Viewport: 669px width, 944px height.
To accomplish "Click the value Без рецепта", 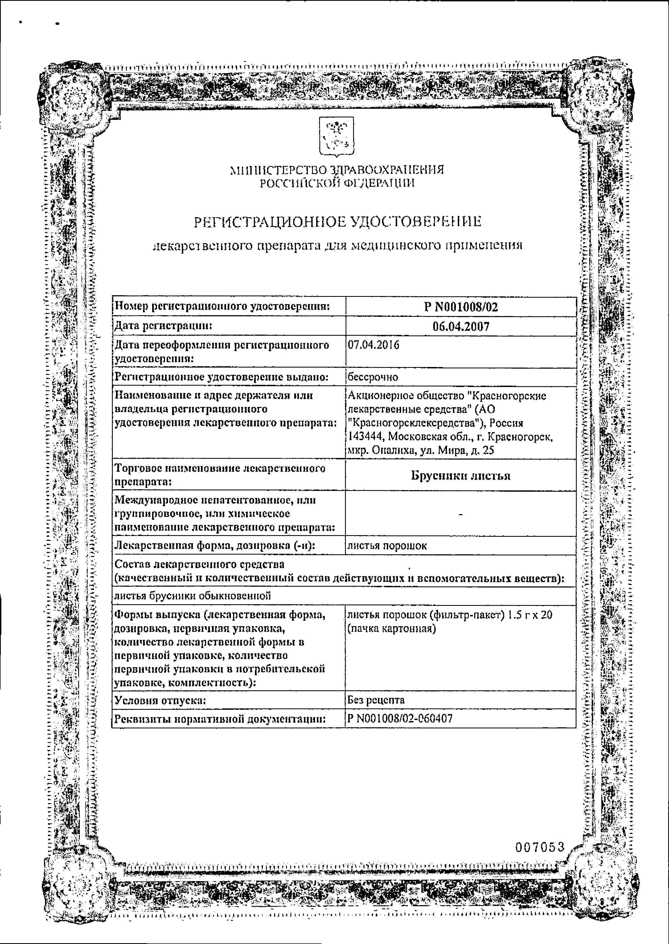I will click(376, 700).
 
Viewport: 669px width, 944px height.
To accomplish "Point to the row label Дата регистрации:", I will click(163, 326).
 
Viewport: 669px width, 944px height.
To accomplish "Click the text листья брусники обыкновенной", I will click(192, 595).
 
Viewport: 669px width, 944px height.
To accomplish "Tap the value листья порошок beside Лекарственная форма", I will click(387, 546).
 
